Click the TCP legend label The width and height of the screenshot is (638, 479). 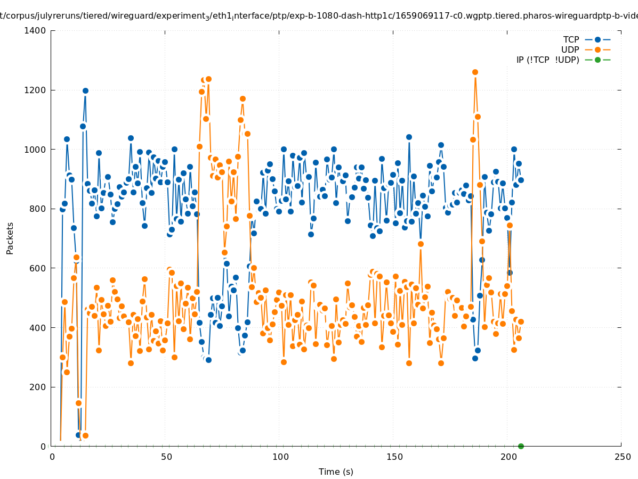point(571,40)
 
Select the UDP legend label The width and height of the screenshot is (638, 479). point(570,50)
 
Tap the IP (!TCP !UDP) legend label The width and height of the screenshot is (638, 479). point(547,60)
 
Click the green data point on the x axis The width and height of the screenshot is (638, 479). point(521,446)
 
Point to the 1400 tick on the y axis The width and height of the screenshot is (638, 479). point(36,31)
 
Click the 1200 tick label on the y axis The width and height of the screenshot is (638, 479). point(36,90)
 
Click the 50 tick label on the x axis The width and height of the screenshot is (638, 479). point(166,457)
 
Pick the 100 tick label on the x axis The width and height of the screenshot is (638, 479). point(280,457)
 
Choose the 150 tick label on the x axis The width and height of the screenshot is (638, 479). point(394,457)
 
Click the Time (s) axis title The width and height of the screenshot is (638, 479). point(336,472)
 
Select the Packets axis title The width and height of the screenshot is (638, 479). point(10,238)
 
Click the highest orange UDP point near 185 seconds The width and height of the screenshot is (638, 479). point(475,72)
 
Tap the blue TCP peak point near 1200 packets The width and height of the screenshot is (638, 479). point(85,91)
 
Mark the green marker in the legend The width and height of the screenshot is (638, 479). point(597,60)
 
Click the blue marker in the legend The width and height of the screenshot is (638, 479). point(597,40)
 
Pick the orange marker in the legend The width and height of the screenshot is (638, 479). point(597,50)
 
